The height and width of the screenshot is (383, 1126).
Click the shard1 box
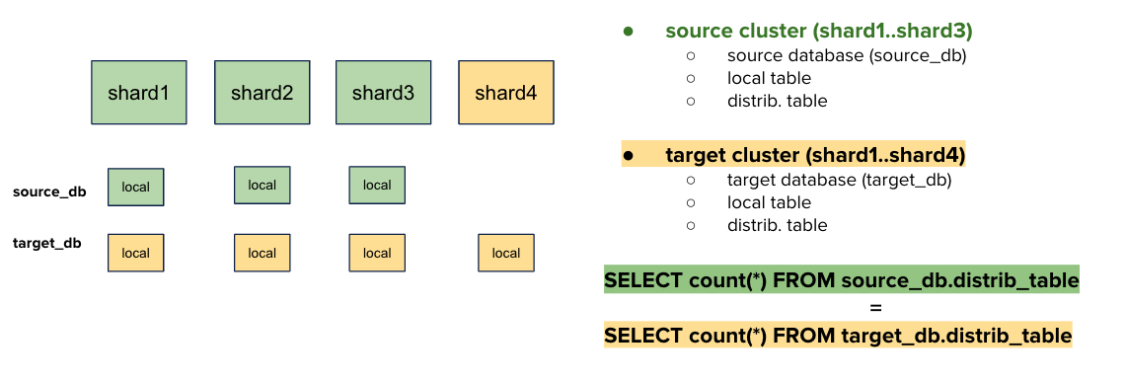coord(139,93)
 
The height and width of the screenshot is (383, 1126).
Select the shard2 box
coord(263,93)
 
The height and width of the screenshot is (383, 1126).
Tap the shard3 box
coord(383,93)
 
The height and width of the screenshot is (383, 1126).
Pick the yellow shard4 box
coord(506,93)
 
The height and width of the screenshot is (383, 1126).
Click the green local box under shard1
coord(135,187)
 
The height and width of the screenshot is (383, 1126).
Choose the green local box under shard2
coord(263,185)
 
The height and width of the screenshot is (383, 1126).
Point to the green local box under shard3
coord(377,185)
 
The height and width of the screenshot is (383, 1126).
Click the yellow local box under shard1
coord(135,253)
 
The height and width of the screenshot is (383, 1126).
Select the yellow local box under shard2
coord(263,253)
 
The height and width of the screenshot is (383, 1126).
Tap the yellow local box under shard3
coord(377,253)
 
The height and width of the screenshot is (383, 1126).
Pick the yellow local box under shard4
coord(506,253)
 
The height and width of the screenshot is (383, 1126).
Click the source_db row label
coord(49,191)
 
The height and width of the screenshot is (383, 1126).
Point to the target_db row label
coord(47,242)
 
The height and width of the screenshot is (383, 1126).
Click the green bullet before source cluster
coord(627,32)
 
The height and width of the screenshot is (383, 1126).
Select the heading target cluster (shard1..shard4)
coord(815,156)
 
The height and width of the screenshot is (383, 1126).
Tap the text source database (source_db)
coord(847,55)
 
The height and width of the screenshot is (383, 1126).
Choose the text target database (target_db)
coord(839,180)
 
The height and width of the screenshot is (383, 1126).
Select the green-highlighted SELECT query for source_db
coord(841,280)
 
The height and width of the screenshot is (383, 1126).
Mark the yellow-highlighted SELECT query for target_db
coord(837,336)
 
